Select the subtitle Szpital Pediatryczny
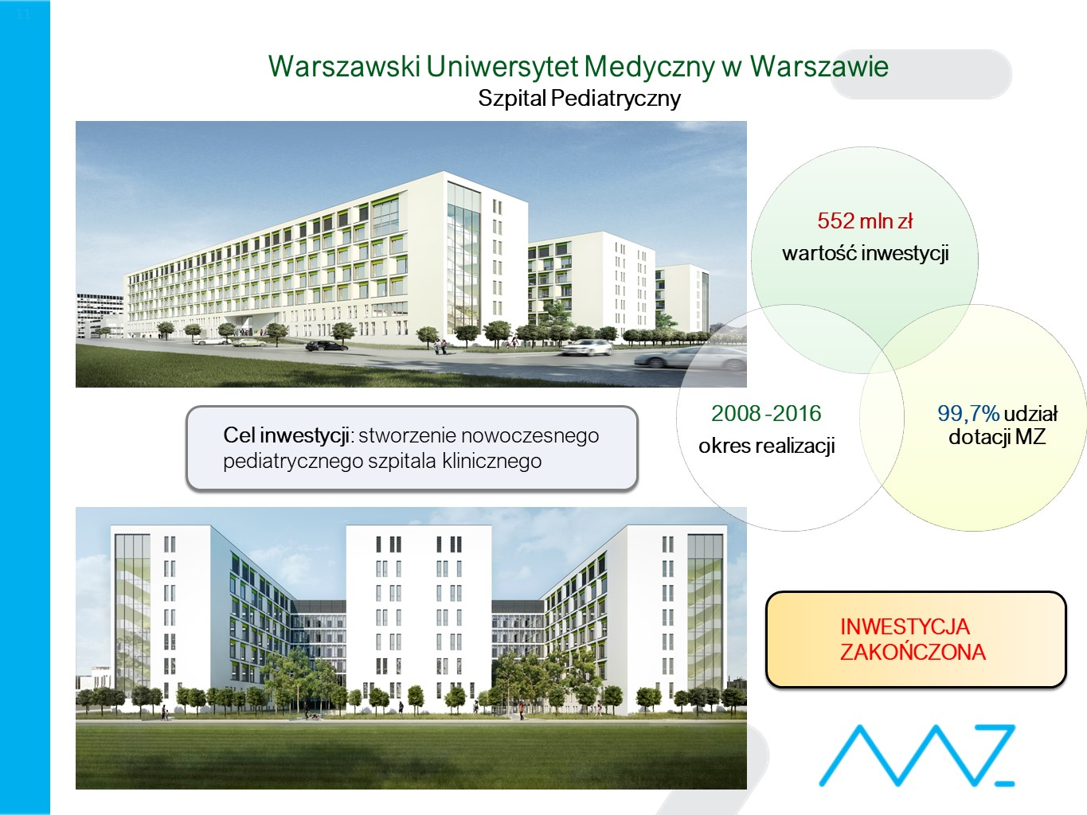[x=579, y=98]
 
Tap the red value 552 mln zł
[x=865, y=220]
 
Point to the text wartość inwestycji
[x=865, y=253]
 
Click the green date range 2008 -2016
[x=766, y=413]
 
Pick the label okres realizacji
[x=766, y=446]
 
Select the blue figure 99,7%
[x=968, y=414]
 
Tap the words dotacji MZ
[x=997, y=436]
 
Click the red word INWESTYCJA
[x=905, y=627]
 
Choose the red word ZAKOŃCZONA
[x=913, y=652]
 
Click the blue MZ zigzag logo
[x=917, y=755]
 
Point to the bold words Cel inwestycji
[x=287, y=435]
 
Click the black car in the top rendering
[x=326, y=345]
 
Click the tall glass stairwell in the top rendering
[x=463, y=256]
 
